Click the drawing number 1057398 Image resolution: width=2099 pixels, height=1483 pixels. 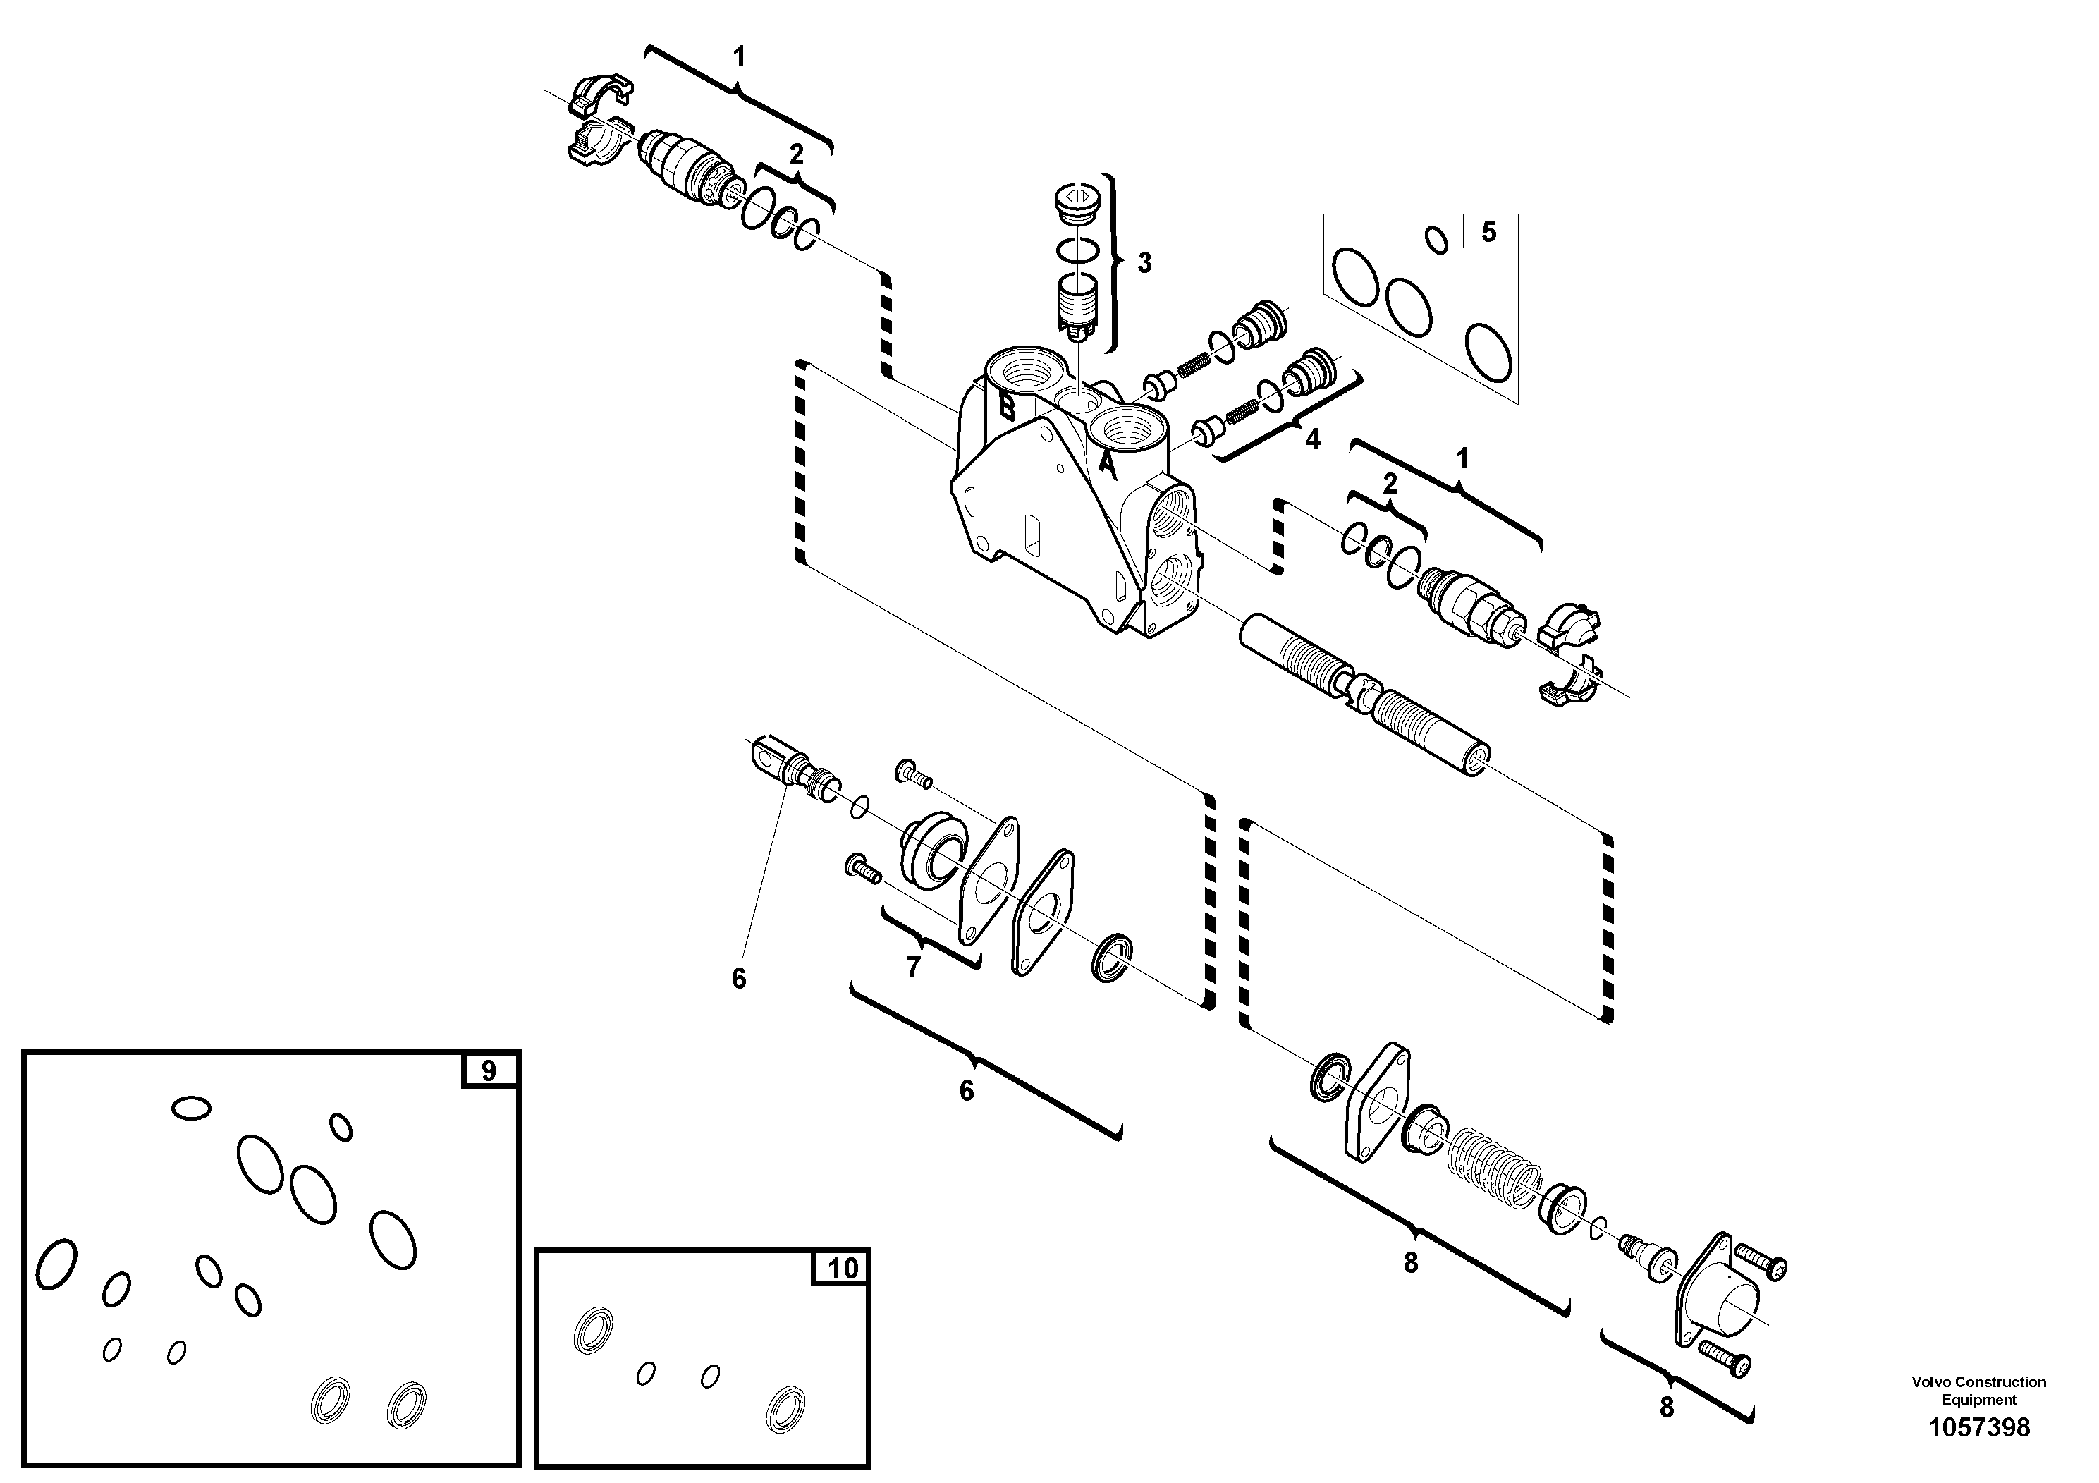(x=1978, y=1427)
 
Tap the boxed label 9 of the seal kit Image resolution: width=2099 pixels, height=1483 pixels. (x=488, y=1070)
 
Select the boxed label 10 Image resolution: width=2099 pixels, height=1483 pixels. (x=842, y=1268)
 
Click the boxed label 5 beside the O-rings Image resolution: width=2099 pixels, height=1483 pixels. (x=1488, y=232)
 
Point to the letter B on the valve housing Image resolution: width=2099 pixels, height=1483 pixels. (x=1007, y=407)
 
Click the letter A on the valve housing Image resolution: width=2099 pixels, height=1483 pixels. (x=1107, y=465)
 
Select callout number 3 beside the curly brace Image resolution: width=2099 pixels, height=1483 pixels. (x=1144, y=263)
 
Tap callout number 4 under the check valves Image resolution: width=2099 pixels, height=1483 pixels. (x=1312, y=440)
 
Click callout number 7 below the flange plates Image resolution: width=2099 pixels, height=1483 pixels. (x=912, y=966)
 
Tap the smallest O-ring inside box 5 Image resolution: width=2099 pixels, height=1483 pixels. (x=1437, y=240)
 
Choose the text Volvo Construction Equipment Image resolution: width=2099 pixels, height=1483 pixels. (x=1978, y=1391)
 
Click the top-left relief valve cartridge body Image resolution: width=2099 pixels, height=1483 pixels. (x=681, y=163)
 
